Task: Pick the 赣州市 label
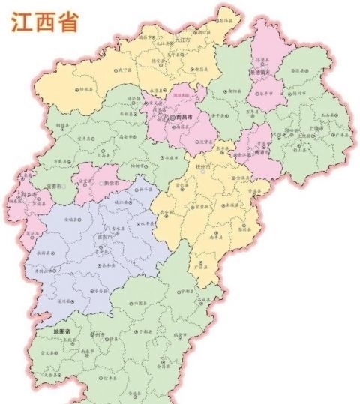coord(97,330)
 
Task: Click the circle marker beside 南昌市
coord(173,118)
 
